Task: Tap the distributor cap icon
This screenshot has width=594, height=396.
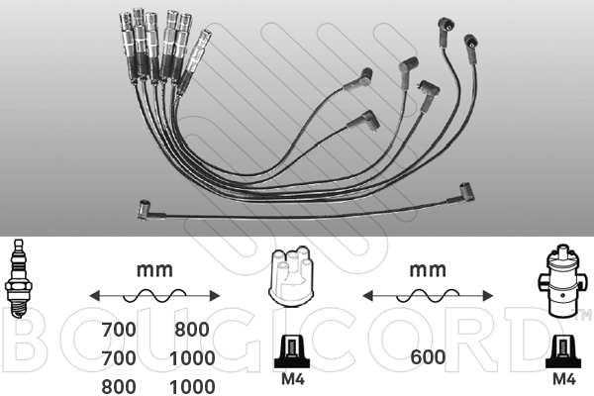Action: click(x=291, y=276)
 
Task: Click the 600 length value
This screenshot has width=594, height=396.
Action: click(x=428, y=357)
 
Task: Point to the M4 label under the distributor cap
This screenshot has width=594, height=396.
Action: click(x=293, y=378)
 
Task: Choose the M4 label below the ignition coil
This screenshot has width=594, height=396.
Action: click(x=564, y=378)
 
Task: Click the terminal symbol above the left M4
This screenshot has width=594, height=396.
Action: click(x=292, y=351)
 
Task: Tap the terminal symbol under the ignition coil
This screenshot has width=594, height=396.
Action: click(x=563, y=351)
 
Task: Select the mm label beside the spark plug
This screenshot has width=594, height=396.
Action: click(x=154, y=270)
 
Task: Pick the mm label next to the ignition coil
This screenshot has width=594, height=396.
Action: click(x=428, y=270)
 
